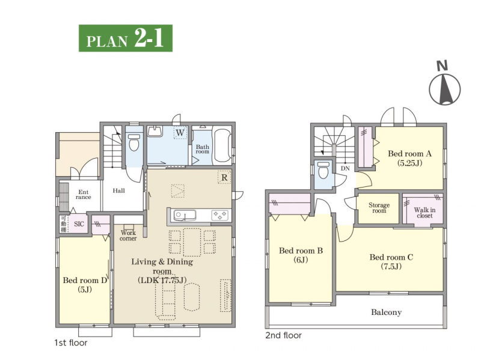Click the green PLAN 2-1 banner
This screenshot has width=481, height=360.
(126, 38)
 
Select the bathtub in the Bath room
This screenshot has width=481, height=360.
(222, 145)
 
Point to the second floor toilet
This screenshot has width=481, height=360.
(323, 170)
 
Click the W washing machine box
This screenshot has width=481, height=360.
(180, 133)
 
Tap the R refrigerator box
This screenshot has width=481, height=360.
(224, 177)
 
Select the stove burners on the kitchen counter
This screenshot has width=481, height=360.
(220, 215)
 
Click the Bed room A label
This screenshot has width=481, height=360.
(409, 153)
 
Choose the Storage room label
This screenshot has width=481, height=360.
(379, 208)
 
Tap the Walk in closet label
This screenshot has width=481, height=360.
(424, 213)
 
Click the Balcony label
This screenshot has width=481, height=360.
(386, 312)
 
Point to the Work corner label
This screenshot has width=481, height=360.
(128, 236)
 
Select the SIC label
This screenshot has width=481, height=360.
(79, 224)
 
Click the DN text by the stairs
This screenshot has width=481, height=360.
(345, 168)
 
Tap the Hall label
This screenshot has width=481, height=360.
(118, 191)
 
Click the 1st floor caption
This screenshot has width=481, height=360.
(71, 343)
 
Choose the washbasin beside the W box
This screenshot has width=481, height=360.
(155, 131)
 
